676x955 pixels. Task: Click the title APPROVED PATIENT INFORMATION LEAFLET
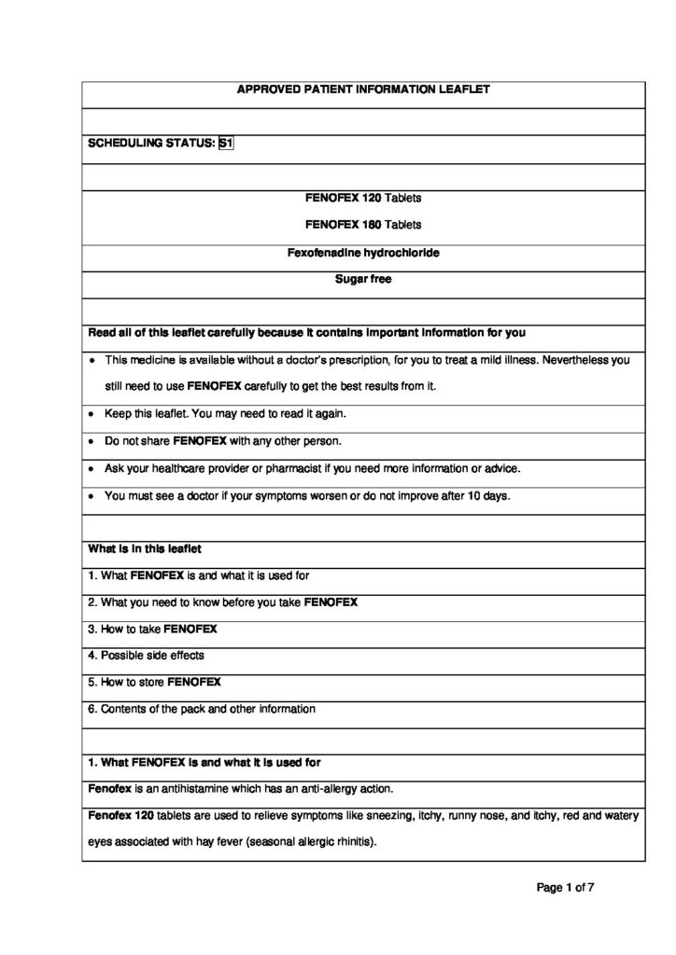[363, 90]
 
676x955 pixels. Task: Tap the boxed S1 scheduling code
[225, 144]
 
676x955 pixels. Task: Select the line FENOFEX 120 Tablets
[363, 198]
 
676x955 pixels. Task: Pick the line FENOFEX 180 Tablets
[363, 225]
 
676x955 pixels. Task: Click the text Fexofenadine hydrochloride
[363, 253]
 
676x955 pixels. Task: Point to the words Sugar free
[363, 279]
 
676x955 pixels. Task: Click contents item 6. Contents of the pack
[202, 709]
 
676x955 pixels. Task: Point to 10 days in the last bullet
[491, 495]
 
